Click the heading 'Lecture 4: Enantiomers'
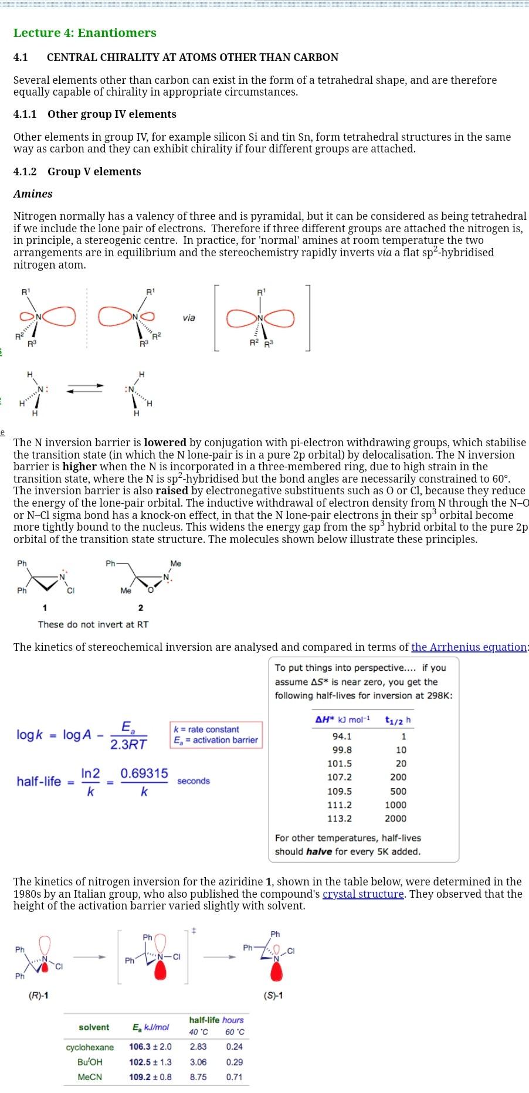tap(85, 33)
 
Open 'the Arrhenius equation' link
tap(469, 647)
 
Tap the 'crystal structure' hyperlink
tap(363, 894)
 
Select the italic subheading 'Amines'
tap(33, 194)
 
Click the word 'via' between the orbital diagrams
tap(188, 318)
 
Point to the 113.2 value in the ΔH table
tap(340, 819)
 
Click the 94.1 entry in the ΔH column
tap(341, 736)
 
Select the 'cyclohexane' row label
tap(90, 1047)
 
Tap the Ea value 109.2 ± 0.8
tap(151, 1077)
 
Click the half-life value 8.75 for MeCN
tap(198, 1077)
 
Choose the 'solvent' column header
tap(94, 1027)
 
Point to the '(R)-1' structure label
tap(39, 995)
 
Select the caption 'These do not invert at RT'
tap(93, 624)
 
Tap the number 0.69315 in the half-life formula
tap(144, 773)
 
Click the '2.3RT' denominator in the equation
tap(128, 744)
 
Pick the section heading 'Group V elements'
tap(94, 171)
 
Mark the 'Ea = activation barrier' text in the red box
tap(216, 740)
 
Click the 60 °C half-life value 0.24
tap(235, 1047)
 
